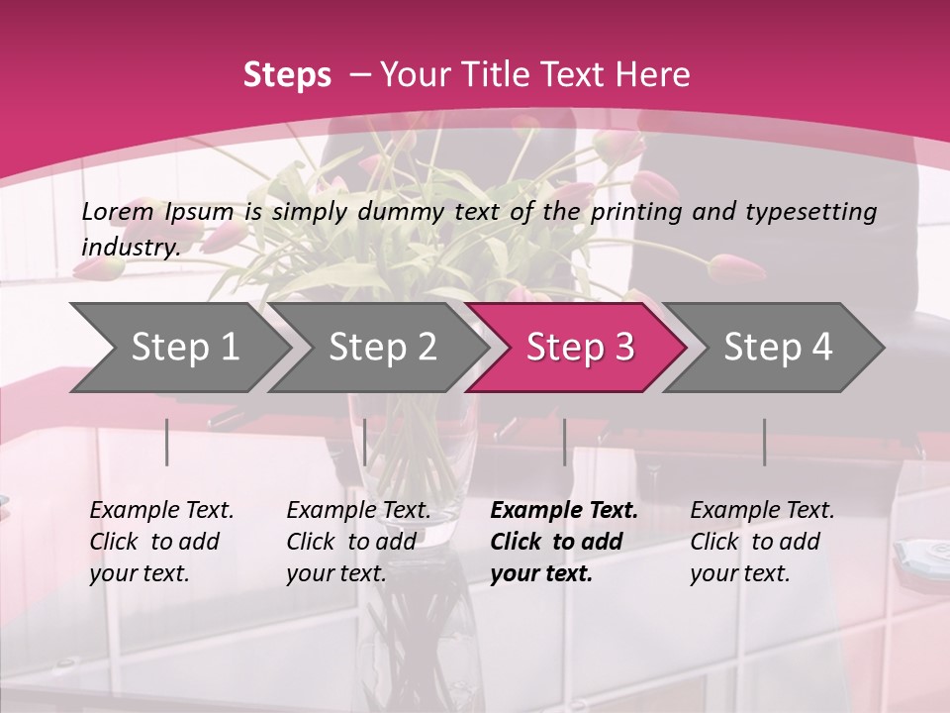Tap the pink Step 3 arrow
(580, 348)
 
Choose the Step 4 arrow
(778, 348)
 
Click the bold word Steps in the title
(287, 75)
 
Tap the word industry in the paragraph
(131, 247)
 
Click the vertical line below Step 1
(167, 442)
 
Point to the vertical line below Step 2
(365, 442)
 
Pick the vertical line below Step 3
(564, 442)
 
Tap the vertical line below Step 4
(764, 442)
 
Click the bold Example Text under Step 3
(564, 511)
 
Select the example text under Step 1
(161, 542)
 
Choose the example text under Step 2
(358, 542)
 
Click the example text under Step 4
(762, 542)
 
